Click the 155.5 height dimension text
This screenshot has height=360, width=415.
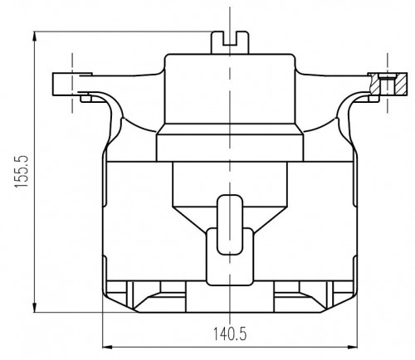tap(22, 172)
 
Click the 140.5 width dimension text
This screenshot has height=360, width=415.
tap(229, 333)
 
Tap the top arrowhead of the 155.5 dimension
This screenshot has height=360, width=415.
tap(35, 36)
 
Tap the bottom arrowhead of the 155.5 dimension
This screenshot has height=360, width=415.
tap(35, 307)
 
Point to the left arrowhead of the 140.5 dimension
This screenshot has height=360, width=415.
tap(108, 347)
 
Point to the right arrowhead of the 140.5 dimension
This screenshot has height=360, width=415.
tap(352, 347)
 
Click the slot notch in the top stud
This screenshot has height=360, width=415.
tap(230, 38)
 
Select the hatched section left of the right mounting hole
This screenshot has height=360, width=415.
tap(375, 85)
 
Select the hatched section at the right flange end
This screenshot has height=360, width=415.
tap(400, 85)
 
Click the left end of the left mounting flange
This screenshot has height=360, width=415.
tap(53, 85)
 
